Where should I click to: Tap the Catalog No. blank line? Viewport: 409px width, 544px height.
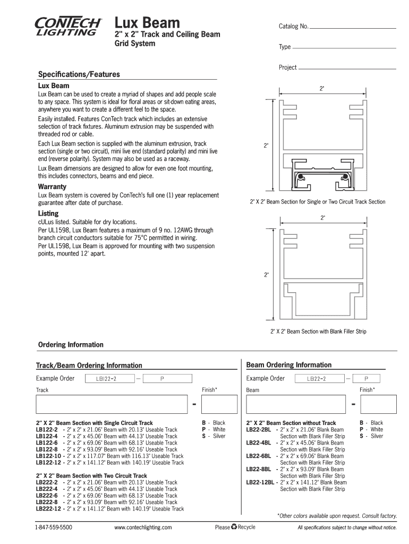[x=353, y=27]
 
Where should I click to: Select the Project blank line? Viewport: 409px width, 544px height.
[x=347, y=68]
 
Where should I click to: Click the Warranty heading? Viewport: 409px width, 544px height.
[x=52, y=186]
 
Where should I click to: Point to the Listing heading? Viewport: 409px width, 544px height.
[x=48, y=213]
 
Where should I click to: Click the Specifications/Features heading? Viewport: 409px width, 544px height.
[x=79, y=74]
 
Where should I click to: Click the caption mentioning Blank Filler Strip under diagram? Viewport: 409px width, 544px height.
[x=318, y=331]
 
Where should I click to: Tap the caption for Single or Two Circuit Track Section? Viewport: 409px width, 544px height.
[x=318, y=202]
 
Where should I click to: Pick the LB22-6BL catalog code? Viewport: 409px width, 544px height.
[x=259, y=456]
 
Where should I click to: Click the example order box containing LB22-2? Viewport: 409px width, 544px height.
[x=317, y=379]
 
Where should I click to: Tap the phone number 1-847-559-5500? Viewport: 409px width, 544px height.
[x=54, y=528]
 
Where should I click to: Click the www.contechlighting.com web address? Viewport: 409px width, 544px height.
[x=143, y=528]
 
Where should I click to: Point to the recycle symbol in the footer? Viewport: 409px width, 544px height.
[x=234, y=527]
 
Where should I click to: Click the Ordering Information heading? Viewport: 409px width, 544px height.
[x=71, y=345]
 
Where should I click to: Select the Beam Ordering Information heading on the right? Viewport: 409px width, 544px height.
[x=289, y=365]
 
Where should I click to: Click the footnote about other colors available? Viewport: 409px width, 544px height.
[x=337, y=516]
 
